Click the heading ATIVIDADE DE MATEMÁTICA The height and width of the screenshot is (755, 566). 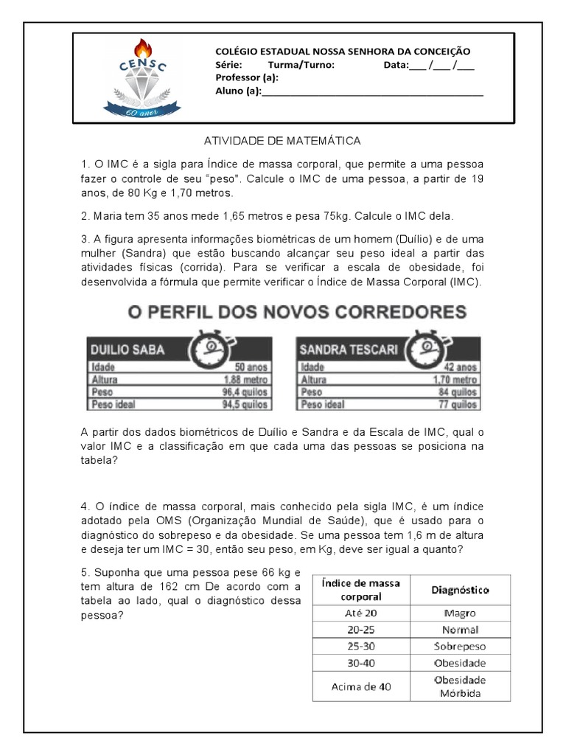click(x=282, y=140)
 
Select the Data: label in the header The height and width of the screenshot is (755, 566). click(x=396, y=65)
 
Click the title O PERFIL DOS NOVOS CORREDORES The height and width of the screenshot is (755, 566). click(x=297, y=312)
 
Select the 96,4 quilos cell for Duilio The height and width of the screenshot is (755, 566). click(x=243, y=392)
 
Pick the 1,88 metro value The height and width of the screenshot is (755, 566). click(x=245, y=380)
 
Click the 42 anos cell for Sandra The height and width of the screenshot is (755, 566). click(x=457, y=367)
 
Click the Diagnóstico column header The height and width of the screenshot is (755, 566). click(x=461, y=590)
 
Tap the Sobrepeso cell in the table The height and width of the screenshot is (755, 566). click(x=461, y=646)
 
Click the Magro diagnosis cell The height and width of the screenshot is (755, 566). click(x=461, y=613)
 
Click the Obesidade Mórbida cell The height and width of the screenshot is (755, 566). click(x=461, y=687)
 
